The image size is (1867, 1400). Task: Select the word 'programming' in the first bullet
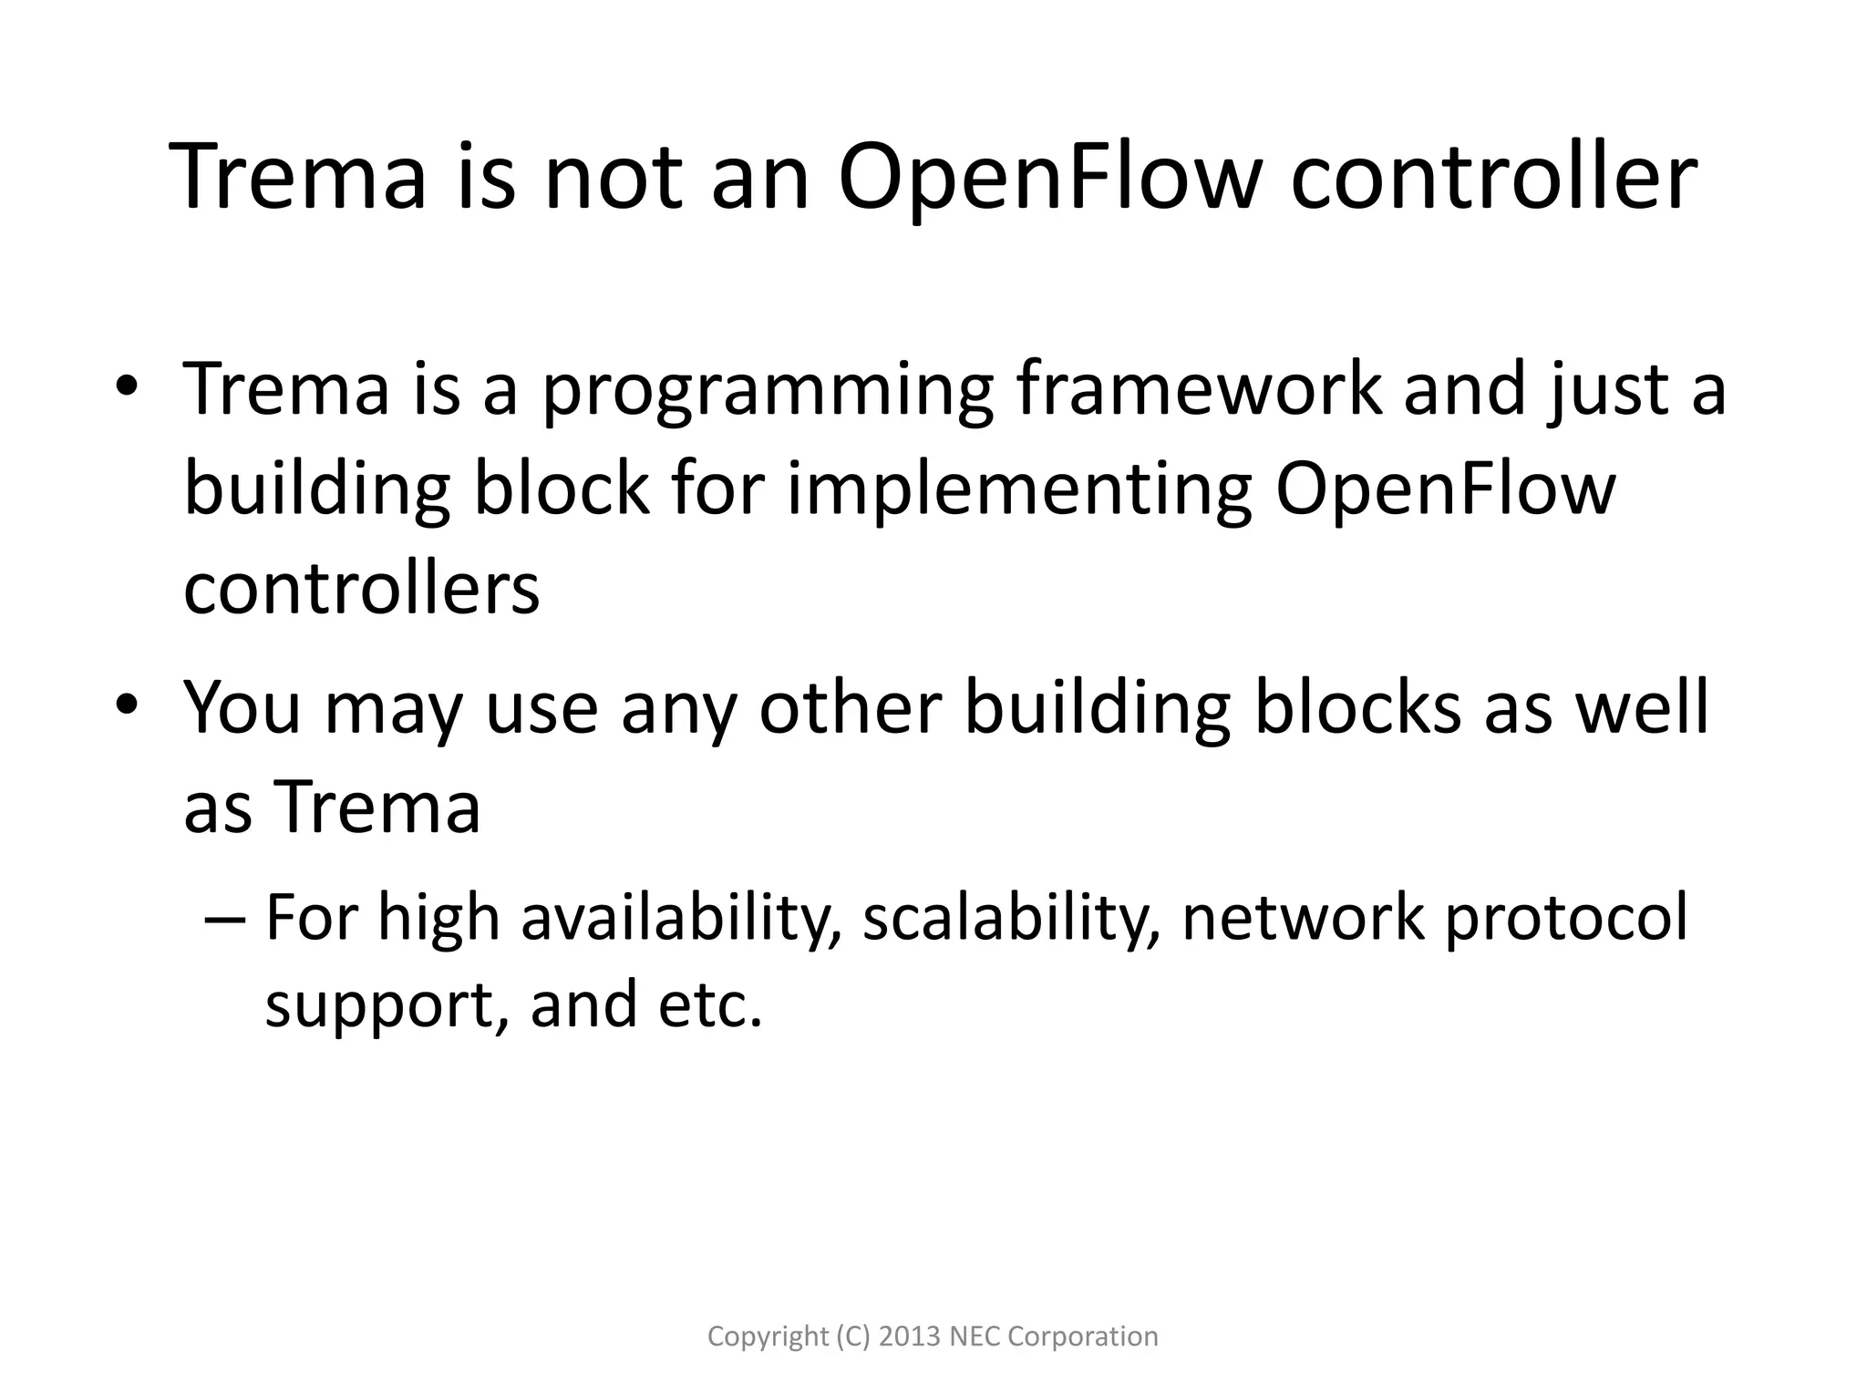[x=767, y=390]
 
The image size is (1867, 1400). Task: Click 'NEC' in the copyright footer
[x=975, y=1336]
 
